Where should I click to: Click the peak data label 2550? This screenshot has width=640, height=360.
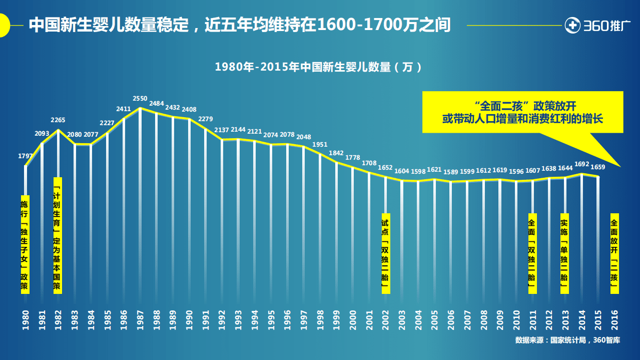coord(140,98)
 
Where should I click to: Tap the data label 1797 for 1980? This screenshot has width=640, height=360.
coord(26,156)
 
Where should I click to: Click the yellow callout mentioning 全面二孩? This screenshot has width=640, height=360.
coord(522,112)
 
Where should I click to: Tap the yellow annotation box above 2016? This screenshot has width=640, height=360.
coord(614,253)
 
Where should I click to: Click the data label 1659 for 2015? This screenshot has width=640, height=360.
coord(598,167)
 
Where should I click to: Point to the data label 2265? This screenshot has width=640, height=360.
coord(58,120)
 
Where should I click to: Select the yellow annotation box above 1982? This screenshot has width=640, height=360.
coord(58,235)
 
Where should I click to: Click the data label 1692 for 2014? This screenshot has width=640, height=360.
coord(581,164)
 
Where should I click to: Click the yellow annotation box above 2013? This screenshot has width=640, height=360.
coord(564,253)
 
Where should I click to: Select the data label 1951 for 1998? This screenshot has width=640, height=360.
coord(320,145)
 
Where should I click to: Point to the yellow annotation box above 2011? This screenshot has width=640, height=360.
coord(531,253)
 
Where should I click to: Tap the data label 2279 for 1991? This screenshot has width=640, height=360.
coord(206,119)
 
